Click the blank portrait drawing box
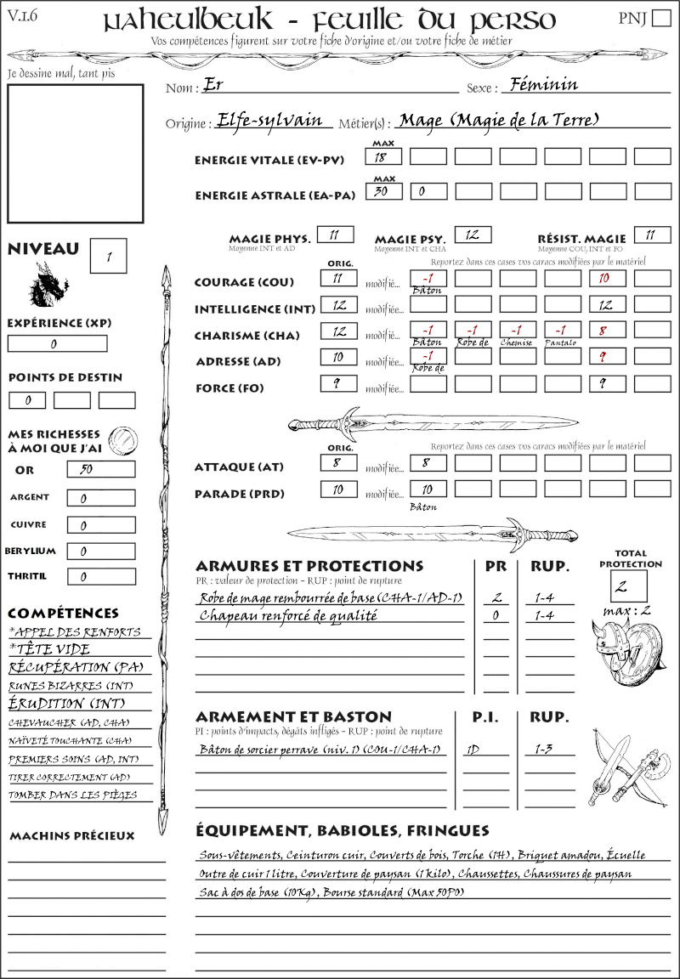click(76, 153)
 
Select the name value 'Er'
click(212, 86)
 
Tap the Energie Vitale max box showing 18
click(382, 157)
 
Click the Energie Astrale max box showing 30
click(382, 192)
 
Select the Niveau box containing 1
click(109, 255)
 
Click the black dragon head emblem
click(48, 284)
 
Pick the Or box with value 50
click(100, 470)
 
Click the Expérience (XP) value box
click(57, 344)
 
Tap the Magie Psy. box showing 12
click(473, 235)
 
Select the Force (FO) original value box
click(337, 384)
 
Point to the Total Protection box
click(628, 586)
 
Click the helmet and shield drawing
click(626, 652)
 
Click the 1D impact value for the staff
click(472, 750)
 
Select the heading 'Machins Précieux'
click(71, 836)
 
